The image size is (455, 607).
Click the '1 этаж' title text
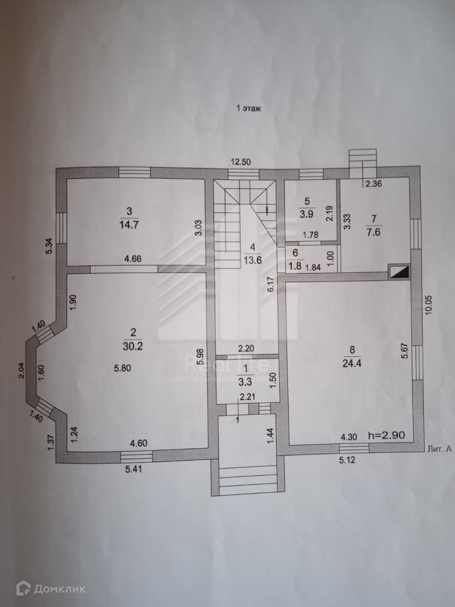click(x=249, y=108)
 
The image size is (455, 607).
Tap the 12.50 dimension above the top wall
click(x=241, y=161)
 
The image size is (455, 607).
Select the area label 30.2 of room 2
click(x=134, y=346)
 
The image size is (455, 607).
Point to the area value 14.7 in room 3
click(x=129, y=224)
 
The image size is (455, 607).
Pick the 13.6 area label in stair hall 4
click(x=253, y=260)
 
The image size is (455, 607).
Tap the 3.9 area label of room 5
click(x=306, y=214)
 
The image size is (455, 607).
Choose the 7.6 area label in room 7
click(x=373, y=231)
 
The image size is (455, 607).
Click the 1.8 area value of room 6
click(x=295, y=266)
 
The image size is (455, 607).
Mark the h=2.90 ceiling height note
click(x=386, y=435)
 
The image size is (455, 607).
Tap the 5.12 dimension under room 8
click(x=347, y=460)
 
